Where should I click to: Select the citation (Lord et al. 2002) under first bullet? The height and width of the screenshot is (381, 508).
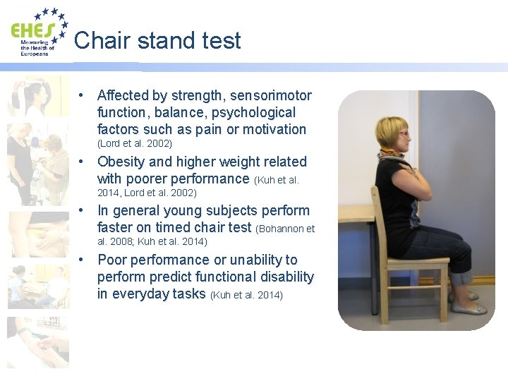(x=135, y=144)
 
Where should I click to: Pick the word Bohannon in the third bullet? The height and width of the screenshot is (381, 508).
(x=282, y=228)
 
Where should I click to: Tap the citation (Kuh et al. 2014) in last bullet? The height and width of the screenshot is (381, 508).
(x=246, y=295)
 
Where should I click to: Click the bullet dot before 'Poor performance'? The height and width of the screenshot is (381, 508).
(x=83, y=260)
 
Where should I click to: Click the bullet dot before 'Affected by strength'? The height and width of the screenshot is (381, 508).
(x=83, y=95)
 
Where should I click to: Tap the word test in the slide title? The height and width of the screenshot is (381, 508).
(x=219, y=41)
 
